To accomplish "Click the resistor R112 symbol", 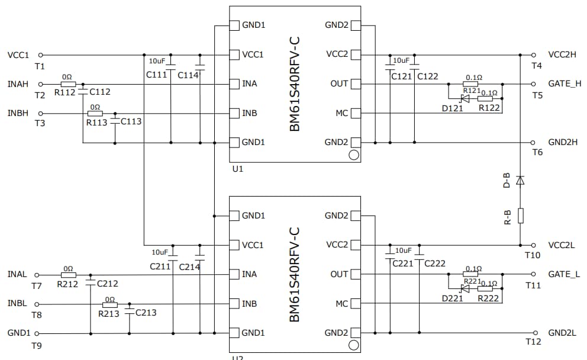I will pos(68,84).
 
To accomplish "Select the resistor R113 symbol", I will pos(95,113).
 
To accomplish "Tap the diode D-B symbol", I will pos(520,180).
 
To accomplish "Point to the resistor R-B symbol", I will pos(520,216).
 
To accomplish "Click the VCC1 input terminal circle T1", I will pos(41,55).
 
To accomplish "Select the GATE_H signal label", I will pos(565,83).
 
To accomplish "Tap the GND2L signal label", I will pos(562,333).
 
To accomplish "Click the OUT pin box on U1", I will pos(355,84).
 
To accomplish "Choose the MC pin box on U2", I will pos(355,304).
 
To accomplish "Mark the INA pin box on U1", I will pos(234,84).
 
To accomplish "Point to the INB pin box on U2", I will pos(234,304).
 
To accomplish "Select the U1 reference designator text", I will pos(238,169).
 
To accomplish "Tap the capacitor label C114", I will pos(188,75).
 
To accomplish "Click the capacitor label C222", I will pos(435,263).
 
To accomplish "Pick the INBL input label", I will pos(17,303).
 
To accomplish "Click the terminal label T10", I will pos(533,255).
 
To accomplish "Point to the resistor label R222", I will pos(489,298).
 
